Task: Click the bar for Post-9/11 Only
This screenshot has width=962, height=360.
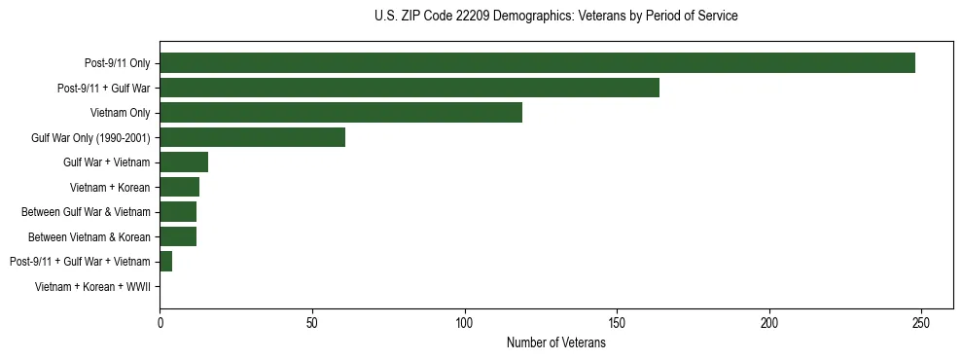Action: pos(537,63)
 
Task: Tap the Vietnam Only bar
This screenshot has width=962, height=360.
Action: pos(340,113)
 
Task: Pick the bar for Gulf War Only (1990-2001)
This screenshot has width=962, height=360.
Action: pos(252,137)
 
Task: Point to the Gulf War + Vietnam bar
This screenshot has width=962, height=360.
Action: pos(184,162)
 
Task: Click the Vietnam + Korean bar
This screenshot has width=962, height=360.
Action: pos(179,187)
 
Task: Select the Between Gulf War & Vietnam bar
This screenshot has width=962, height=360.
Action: pos(178,211)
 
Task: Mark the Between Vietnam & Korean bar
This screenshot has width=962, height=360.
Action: pos(178,236)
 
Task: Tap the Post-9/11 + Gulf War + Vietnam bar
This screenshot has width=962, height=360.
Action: pos(165,261)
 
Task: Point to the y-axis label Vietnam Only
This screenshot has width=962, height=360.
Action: pos(120,113)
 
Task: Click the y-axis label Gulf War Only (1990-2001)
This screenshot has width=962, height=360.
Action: pos(90,137)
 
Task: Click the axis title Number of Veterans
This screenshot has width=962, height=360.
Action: pos(555,342)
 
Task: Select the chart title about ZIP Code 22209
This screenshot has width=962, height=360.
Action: pos(555,17)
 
